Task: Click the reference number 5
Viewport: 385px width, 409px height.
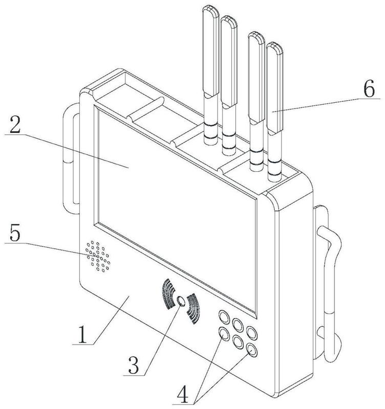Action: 15,233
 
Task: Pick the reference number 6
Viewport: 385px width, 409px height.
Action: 369,88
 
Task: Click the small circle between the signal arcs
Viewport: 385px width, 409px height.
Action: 181,301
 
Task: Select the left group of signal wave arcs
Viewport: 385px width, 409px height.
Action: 168,294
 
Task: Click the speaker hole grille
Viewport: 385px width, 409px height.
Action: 98,257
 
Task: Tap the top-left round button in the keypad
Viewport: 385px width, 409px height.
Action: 223,316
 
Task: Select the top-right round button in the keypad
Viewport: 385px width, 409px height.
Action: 252,333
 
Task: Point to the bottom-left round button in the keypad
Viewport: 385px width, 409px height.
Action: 224,333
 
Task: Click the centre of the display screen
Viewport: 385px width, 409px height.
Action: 175,206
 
